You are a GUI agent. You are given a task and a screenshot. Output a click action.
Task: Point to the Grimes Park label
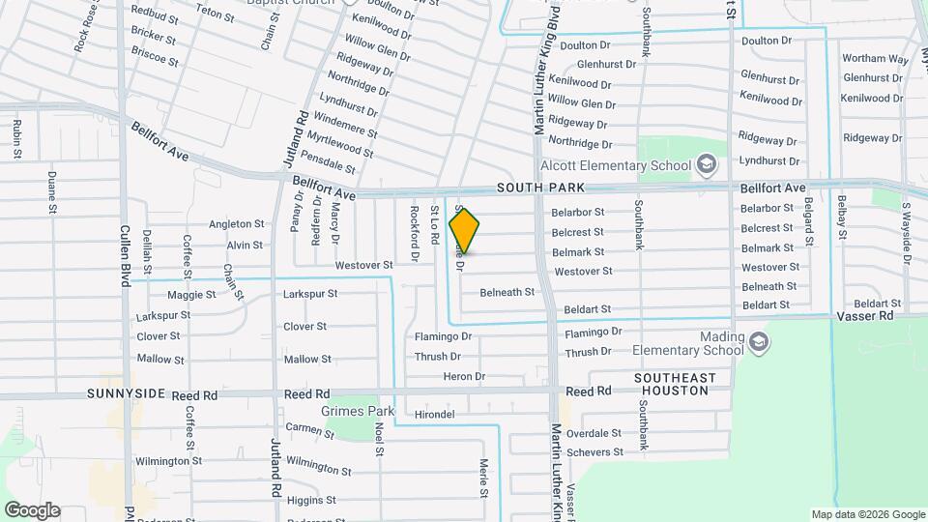click(364, 411)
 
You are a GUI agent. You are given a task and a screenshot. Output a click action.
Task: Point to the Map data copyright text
click(866, 514)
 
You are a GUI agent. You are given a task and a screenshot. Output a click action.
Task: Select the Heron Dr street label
click(464, 376)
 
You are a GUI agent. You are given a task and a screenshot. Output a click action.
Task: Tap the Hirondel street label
click(433, 414)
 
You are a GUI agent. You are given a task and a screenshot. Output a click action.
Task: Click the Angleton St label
click(237, 224)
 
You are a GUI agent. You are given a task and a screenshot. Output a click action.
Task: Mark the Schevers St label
click(595, 452)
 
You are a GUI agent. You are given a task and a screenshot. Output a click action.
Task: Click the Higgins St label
click(311, 500)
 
